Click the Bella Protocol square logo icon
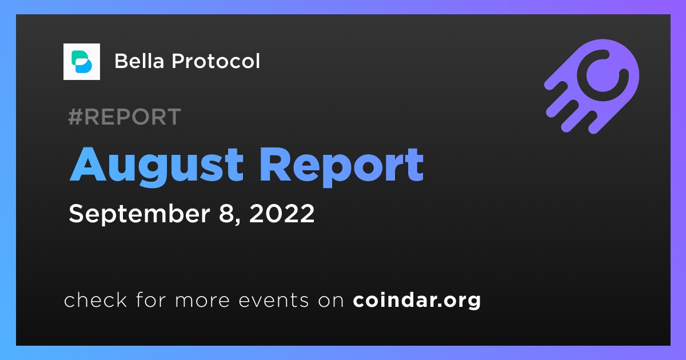pyautogui.click(x=81, y=62)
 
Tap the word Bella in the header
pyautogui.click(x=139, y=61)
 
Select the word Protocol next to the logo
pyautogui.click(x=216, y=61)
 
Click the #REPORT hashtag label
pyautogui.click(x=125, y=117)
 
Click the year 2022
pyautogui.click(x=282, y=213)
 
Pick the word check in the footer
pyautogui.click(x=95, y=299)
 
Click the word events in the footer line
pyautogui.click(x=274, y=300)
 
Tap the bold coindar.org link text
pyautogui.click(x=417, y=301)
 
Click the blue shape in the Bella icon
pyautogui.click(x=83, y=66)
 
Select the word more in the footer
pyautogui.click(x=202, y=301)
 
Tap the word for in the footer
pyautogui.click(x=151, y=299)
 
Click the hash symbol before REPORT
pyautogui.click(x=75, y=117)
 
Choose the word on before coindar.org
pyautogui.click(x=331, y=301)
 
